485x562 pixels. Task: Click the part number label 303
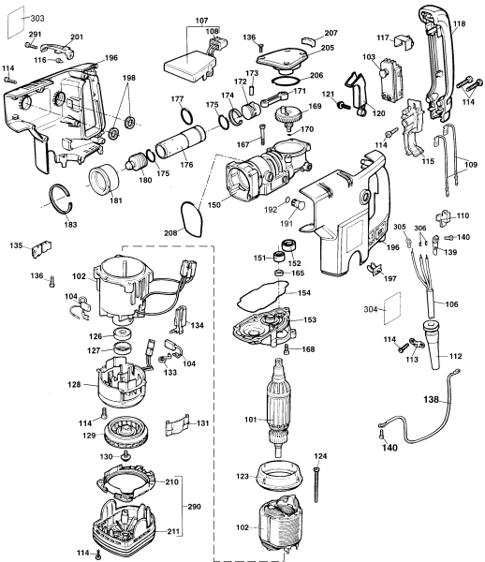pyautogui.click(x=37, y=18)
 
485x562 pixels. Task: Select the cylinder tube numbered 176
pyautogui.click(x=180, y=142)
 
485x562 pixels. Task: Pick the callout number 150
pyautogui.click(x=214, y=204)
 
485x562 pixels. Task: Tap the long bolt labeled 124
pyautogui.click(x=316, y=484)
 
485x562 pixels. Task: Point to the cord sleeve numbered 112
pyautogui.click(x=434, y=344)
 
